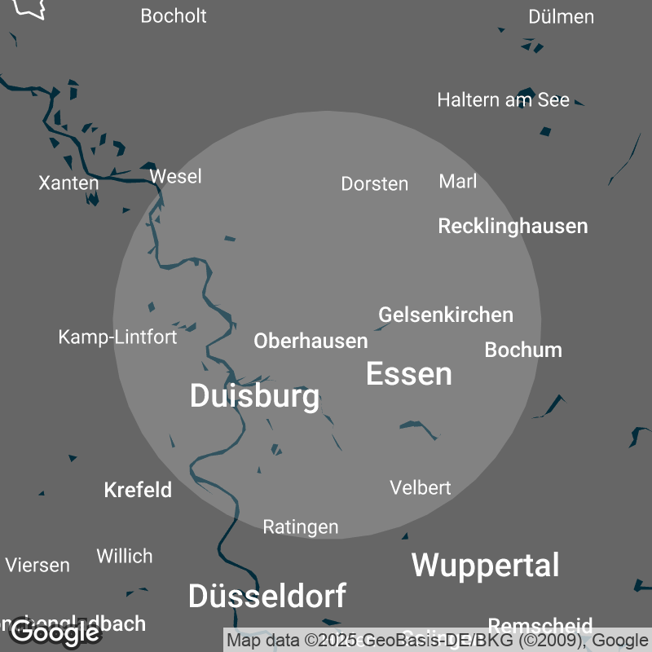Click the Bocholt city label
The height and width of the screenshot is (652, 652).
pos(174,16)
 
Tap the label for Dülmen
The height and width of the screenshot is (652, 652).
pos(561,16)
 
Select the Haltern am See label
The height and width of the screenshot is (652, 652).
pos(503,99)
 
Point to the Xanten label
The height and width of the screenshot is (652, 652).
pos(68,183)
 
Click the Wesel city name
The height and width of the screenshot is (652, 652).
pos(175,176)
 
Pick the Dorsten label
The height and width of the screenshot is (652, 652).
pos(374,183)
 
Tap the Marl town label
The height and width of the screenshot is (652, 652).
pos(457,181)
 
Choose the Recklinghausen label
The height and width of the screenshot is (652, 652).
pos(513,226)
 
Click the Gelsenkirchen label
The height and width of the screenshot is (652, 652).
pos(446,315)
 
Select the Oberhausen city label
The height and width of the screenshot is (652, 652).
pos(311,341)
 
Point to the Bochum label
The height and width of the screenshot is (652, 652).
pos(523,350)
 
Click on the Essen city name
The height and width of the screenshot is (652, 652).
pos(408,374)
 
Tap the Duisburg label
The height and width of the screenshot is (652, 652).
pos(254,396)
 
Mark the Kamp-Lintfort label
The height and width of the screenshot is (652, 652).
pos(117,337)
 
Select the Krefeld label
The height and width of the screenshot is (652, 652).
pos(138,490)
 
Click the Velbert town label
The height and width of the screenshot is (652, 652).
pos(420,487)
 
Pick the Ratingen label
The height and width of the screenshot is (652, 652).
pos(300,527)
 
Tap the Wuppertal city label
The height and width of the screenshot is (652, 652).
pos(485,565)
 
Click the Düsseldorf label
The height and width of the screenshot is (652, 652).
pos(267,596)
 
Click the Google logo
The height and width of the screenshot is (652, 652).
pos(55,632)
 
